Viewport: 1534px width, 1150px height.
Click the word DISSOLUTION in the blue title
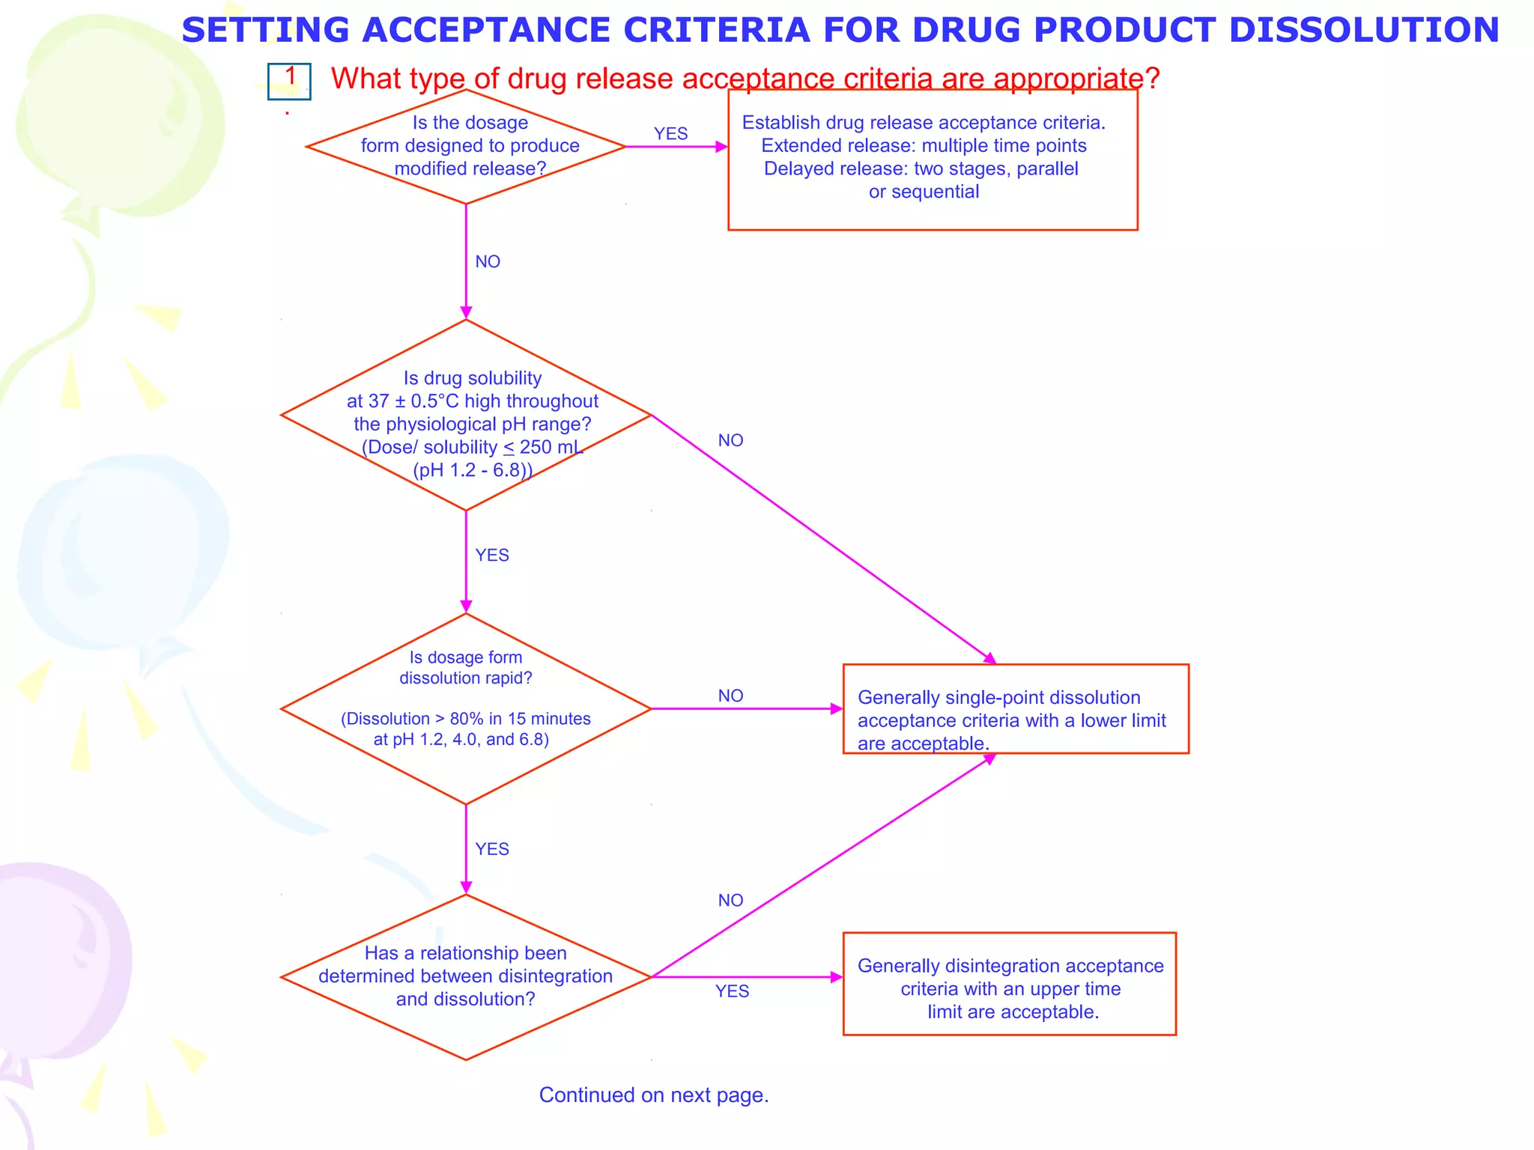point(1364,30)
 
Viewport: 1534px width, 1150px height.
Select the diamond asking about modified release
point(466,146)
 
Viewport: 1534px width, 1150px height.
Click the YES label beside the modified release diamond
point(670,134)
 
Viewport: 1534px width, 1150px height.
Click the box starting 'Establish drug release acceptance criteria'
point(932,159)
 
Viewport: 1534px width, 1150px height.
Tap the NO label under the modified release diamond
point(488,262)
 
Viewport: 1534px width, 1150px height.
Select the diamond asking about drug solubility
point(466,416)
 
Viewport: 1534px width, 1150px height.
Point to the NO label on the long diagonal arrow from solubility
point(730,441)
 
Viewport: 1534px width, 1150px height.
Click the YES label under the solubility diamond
point(492,556)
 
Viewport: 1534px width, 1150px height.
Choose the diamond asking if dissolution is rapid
point(466,708)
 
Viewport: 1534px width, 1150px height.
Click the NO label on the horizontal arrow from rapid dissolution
point(730,696)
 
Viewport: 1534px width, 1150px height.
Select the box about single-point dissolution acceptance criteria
point(1015,709)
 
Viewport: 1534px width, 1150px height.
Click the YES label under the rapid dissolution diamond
point(492,850)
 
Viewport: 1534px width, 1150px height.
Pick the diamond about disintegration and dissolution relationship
point(466,976)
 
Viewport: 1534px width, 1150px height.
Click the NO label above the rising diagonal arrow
point(730,901)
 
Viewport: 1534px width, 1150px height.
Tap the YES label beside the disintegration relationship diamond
point(732,991)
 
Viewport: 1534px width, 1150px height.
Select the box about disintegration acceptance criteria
point(1009,984)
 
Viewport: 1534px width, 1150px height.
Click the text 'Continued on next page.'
point(654,1095)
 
